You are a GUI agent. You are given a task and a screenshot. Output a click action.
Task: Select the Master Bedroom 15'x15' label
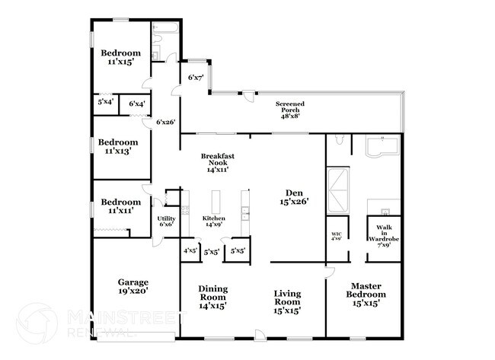click(363, 295)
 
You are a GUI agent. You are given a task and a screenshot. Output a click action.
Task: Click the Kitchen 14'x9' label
click(214, 221)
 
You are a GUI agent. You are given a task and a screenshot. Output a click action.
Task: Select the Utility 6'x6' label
click(165, 221)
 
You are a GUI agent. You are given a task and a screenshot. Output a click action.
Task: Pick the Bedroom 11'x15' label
click(122, 57)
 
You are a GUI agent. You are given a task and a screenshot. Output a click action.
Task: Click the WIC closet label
click(337, 236)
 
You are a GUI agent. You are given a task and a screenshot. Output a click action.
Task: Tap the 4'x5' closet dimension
click(190, 250)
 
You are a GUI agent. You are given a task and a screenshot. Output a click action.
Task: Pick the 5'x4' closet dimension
click(105, 102)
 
